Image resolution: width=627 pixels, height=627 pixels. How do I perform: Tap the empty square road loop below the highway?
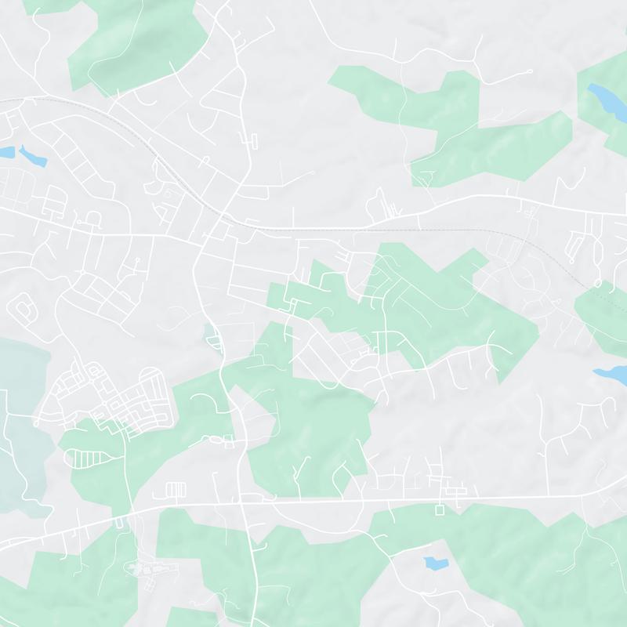tap(439, 509)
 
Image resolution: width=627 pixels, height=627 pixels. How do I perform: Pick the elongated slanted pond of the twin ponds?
tap(33, 156)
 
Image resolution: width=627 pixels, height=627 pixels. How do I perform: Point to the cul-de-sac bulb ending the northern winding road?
tap(531, 72)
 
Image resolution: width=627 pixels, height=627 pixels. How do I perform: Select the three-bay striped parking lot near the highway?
tap(174, 490)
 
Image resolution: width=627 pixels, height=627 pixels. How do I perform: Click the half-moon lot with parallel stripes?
tap(86, 458)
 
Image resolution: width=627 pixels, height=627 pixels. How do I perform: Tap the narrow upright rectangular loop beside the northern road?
tap(253, 140)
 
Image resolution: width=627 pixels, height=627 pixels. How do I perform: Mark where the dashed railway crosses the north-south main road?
tap(223, 214)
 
